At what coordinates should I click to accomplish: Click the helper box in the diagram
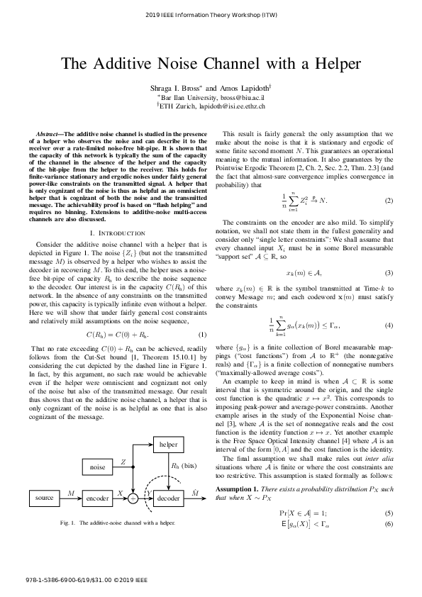[169, 444]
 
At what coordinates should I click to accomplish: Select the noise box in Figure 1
[98, 467]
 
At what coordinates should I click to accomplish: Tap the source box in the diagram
[45, 498]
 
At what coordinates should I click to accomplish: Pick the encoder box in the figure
[98, 498]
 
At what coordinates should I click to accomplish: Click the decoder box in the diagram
[169, 498]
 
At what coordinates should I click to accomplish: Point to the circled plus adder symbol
[132, 498]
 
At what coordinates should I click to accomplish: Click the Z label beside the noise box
[124, 462]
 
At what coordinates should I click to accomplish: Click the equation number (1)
[201, 334]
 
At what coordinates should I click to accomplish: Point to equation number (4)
[389, 306]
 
